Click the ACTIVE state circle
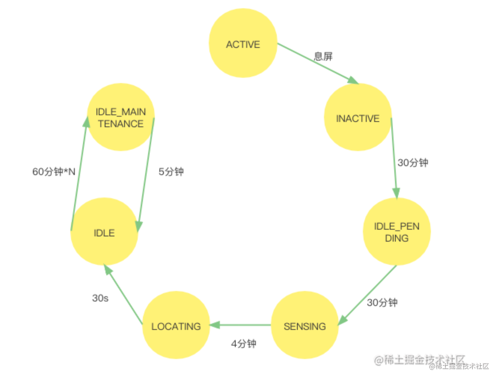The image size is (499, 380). pos(243,43)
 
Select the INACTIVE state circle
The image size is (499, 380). pos(358,117)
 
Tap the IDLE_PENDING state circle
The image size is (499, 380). pos(397,232)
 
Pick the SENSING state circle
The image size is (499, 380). pos(304,325)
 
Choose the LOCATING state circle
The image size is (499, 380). pos(176,325)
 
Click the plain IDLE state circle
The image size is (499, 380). pos(104,232)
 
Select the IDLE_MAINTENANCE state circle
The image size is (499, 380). pos(120,117)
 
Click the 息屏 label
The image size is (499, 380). pos(323,56)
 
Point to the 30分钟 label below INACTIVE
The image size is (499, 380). pos(413,163)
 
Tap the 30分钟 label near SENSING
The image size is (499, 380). pos(382,303)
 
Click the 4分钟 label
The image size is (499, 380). pos(244,344)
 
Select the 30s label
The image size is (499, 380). pos(100,298)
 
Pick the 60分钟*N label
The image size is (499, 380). pos(54,172)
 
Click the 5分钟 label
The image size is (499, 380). pos(171,172)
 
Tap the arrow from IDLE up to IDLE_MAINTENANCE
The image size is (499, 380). pos(79,174)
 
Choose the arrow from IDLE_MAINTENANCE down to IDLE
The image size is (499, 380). pos(146,174)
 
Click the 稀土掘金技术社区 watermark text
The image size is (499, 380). pos(459,366)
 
